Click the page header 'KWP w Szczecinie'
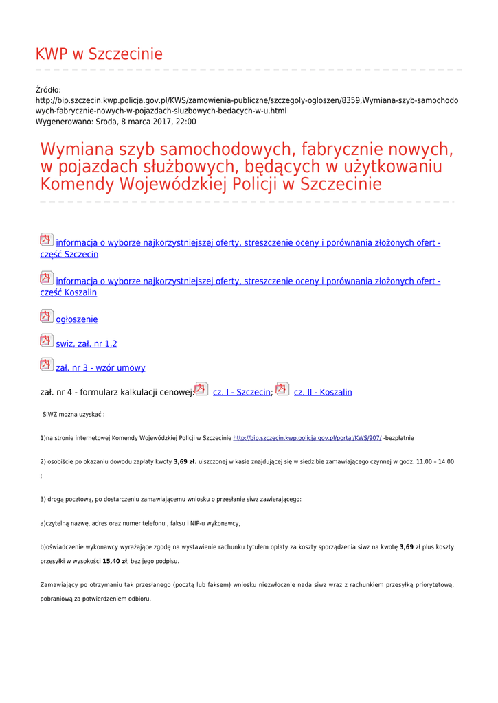tap(99, 54)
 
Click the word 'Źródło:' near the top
tap(48, 90)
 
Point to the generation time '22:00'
tap(185, 122)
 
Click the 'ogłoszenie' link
tap(77, 320)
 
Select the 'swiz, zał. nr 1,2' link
tap(87, 344)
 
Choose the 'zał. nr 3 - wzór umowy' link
tap(100, 368)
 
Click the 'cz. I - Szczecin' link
tap(242, 393)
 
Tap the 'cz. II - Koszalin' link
tap(323, 393)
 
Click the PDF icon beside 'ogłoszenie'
tap(46, 316)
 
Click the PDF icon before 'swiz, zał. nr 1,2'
tap(46, 341)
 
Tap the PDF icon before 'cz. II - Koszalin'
tap(282, 389)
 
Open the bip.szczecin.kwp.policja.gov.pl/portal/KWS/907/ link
tap(307, 438)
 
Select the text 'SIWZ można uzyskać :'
tap(73, 415)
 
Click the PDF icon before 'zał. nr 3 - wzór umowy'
tap(46, 365)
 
